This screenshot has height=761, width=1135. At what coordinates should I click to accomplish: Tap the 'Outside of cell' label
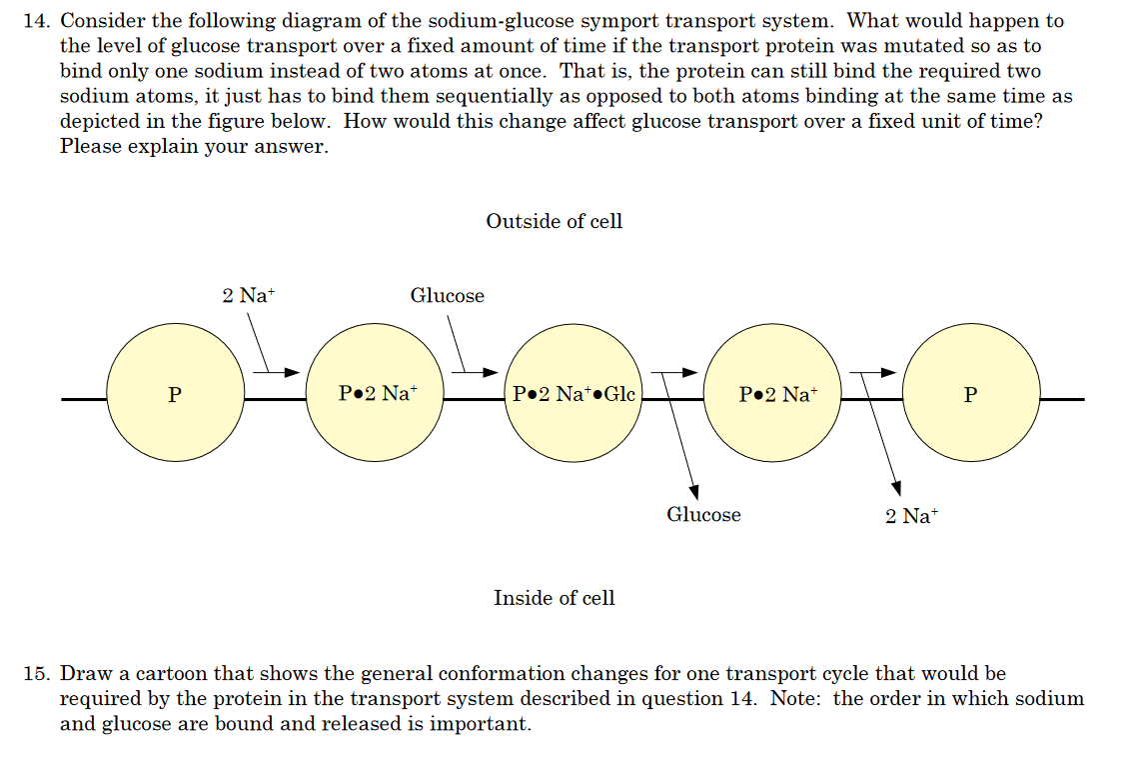(554, 221)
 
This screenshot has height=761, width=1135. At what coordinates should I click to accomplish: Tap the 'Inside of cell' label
(554, 598)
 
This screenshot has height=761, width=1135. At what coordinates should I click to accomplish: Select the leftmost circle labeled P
(175, 394)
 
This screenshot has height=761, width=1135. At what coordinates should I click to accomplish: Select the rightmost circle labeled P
(970, 394)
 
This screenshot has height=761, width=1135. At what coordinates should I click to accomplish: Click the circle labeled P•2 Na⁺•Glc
(573, 394)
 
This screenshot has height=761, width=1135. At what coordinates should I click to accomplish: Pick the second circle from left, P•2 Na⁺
(375, 394)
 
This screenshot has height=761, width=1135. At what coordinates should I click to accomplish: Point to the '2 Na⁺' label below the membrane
(912, 516)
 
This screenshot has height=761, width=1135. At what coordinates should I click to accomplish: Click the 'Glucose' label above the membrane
(447, 295)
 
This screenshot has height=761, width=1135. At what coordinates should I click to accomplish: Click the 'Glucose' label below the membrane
(703, 515)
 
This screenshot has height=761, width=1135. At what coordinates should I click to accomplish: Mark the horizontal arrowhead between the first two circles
(292, 373)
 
